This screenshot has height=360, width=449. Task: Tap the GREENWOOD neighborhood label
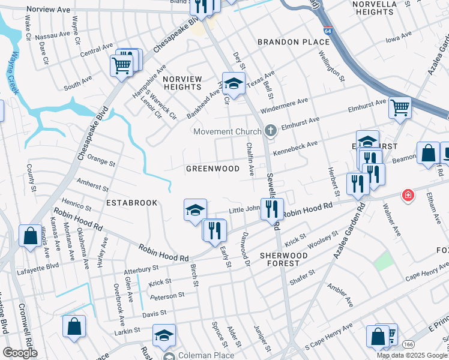(x=213, y=169)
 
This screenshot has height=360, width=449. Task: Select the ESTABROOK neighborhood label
(x=131, y=203)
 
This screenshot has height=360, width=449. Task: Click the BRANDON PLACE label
(x=294, y=42)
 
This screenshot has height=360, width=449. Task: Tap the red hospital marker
(x=408, y=196)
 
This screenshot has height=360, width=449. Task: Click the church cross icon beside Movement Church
(x=270, y=131)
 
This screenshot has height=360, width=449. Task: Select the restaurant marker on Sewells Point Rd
(x=272, y=208)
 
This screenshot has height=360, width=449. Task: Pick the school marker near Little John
(x=195, y=209)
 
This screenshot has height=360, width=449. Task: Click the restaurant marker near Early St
(x=214, y=229)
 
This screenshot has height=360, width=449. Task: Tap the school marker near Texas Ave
(x=234, y=82)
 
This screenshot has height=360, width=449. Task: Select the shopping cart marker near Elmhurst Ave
(x=400, y=107)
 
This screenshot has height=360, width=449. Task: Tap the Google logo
(x=20, y=353)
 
